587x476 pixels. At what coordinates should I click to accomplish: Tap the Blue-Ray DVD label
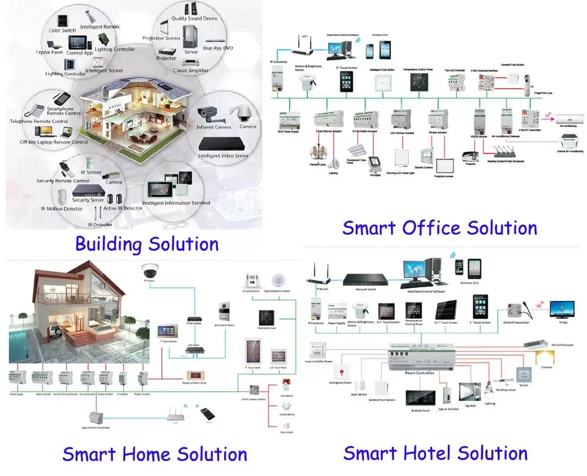tap(217, 48)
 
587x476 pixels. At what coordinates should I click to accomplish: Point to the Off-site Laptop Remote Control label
tap(54, 142)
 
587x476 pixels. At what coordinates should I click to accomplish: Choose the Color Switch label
tap(62, 31)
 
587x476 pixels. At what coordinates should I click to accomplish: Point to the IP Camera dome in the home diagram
tap(149, 271)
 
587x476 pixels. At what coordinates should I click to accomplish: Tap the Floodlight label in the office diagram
tap(375, 175)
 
